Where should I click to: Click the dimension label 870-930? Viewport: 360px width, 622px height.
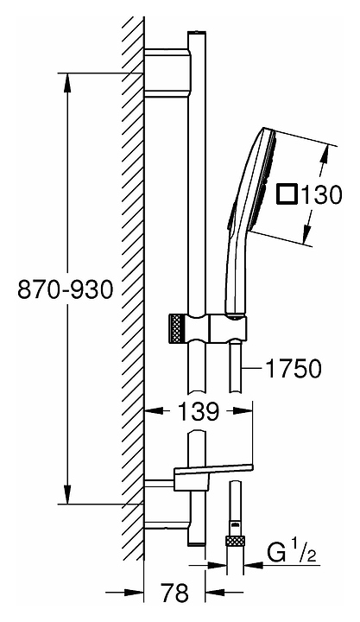66,289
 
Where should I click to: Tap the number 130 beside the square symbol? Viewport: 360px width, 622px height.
321,194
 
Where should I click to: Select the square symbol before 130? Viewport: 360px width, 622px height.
287,194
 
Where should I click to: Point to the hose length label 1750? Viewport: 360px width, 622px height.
293,369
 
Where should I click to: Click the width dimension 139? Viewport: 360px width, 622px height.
198,411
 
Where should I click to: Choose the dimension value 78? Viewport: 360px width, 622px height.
175,593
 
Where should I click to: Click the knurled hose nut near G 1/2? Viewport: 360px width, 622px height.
235,543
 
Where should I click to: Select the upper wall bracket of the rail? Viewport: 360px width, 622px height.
167,73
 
